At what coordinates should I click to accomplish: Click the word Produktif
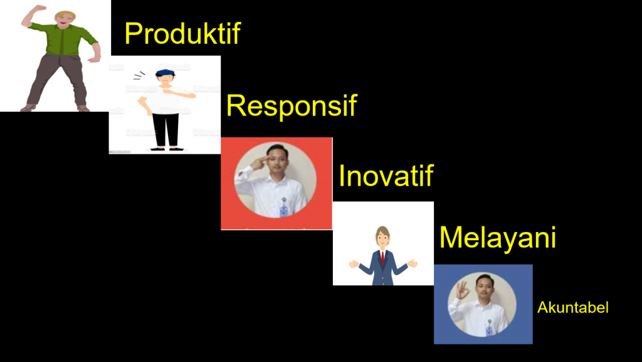click(x=182, y=33)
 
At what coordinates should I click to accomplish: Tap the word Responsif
click(x=292, y=106)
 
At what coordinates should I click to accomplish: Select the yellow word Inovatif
click(x=386, y=176)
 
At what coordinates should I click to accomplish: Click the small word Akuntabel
click(x=573, y=307)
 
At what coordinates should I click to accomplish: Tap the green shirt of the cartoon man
click(x=63, y=38)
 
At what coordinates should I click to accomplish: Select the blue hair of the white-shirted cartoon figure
click(x=165, y=73)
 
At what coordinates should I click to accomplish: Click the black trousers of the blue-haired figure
click(x=166, y=129)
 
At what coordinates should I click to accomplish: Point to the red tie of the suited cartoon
click(x=383, y=258)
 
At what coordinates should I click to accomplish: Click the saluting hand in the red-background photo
click(x=258, y=163)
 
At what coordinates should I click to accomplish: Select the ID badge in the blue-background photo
click(x=489, y=329)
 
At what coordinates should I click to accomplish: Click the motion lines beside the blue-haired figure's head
click(x=139, y=76)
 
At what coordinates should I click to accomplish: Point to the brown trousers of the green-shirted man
click(x=57, y=80)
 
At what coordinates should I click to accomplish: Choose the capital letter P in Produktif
click(x=134, y=33)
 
